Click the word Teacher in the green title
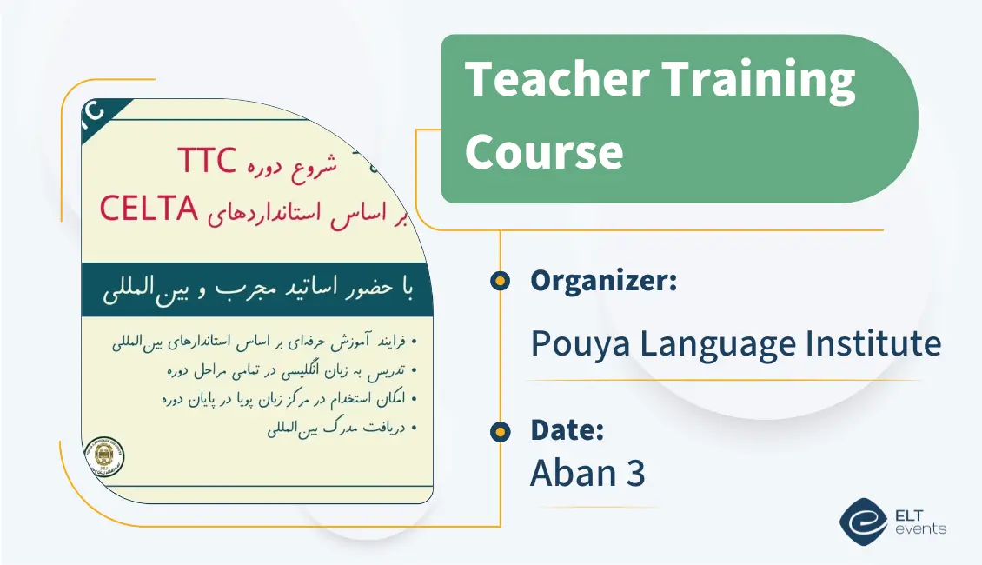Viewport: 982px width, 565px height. pos(556,81)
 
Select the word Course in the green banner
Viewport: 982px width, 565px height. pos(544,151)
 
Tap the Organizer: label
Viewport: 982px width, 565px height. pos(604,281)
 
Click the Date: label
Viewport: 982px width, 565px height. pos(567,430)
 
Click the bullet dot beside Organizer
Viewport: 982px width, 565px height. pos(500,281)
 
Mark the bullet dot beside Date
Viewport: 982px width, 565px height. pos(500,430)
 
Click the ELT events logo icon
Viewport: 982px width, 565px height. pos(862,522)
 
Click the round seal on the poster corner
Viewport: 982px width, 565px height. pos(103,456)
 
